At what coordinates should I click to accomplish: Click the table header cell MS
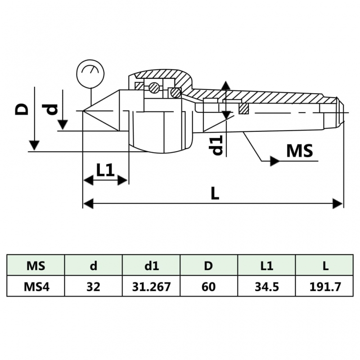[36, 265]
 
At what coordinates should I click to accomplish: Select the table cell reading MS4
[36, 286]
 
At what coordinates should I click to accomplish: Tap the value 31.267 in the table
[151, 286]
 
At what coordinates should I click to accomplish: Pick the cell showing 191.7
[325, 286]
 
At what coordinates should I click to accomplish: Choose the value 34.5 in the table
[267, 286]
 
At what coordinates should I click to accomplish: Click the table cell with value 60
[209, 286]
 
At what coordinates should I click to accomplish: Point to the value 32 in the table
[93, 286]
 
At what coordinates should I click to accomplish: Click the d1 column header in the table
[151, 265]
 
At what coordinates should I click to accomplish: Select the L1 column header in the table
[267, 265]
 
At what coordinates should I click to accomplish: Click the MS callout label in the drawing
[299, 151]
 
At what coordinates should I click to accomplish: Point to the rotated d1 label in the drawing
[218, 144]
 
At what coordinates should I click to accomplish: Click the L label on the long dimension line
[215, 193]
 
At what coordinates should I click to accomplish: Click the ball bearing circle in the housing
[154, 88]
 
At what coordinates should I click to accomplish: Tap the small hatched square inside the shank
[244, 108]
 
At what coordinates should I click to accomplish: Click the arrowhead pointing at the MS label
[274, 161]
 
